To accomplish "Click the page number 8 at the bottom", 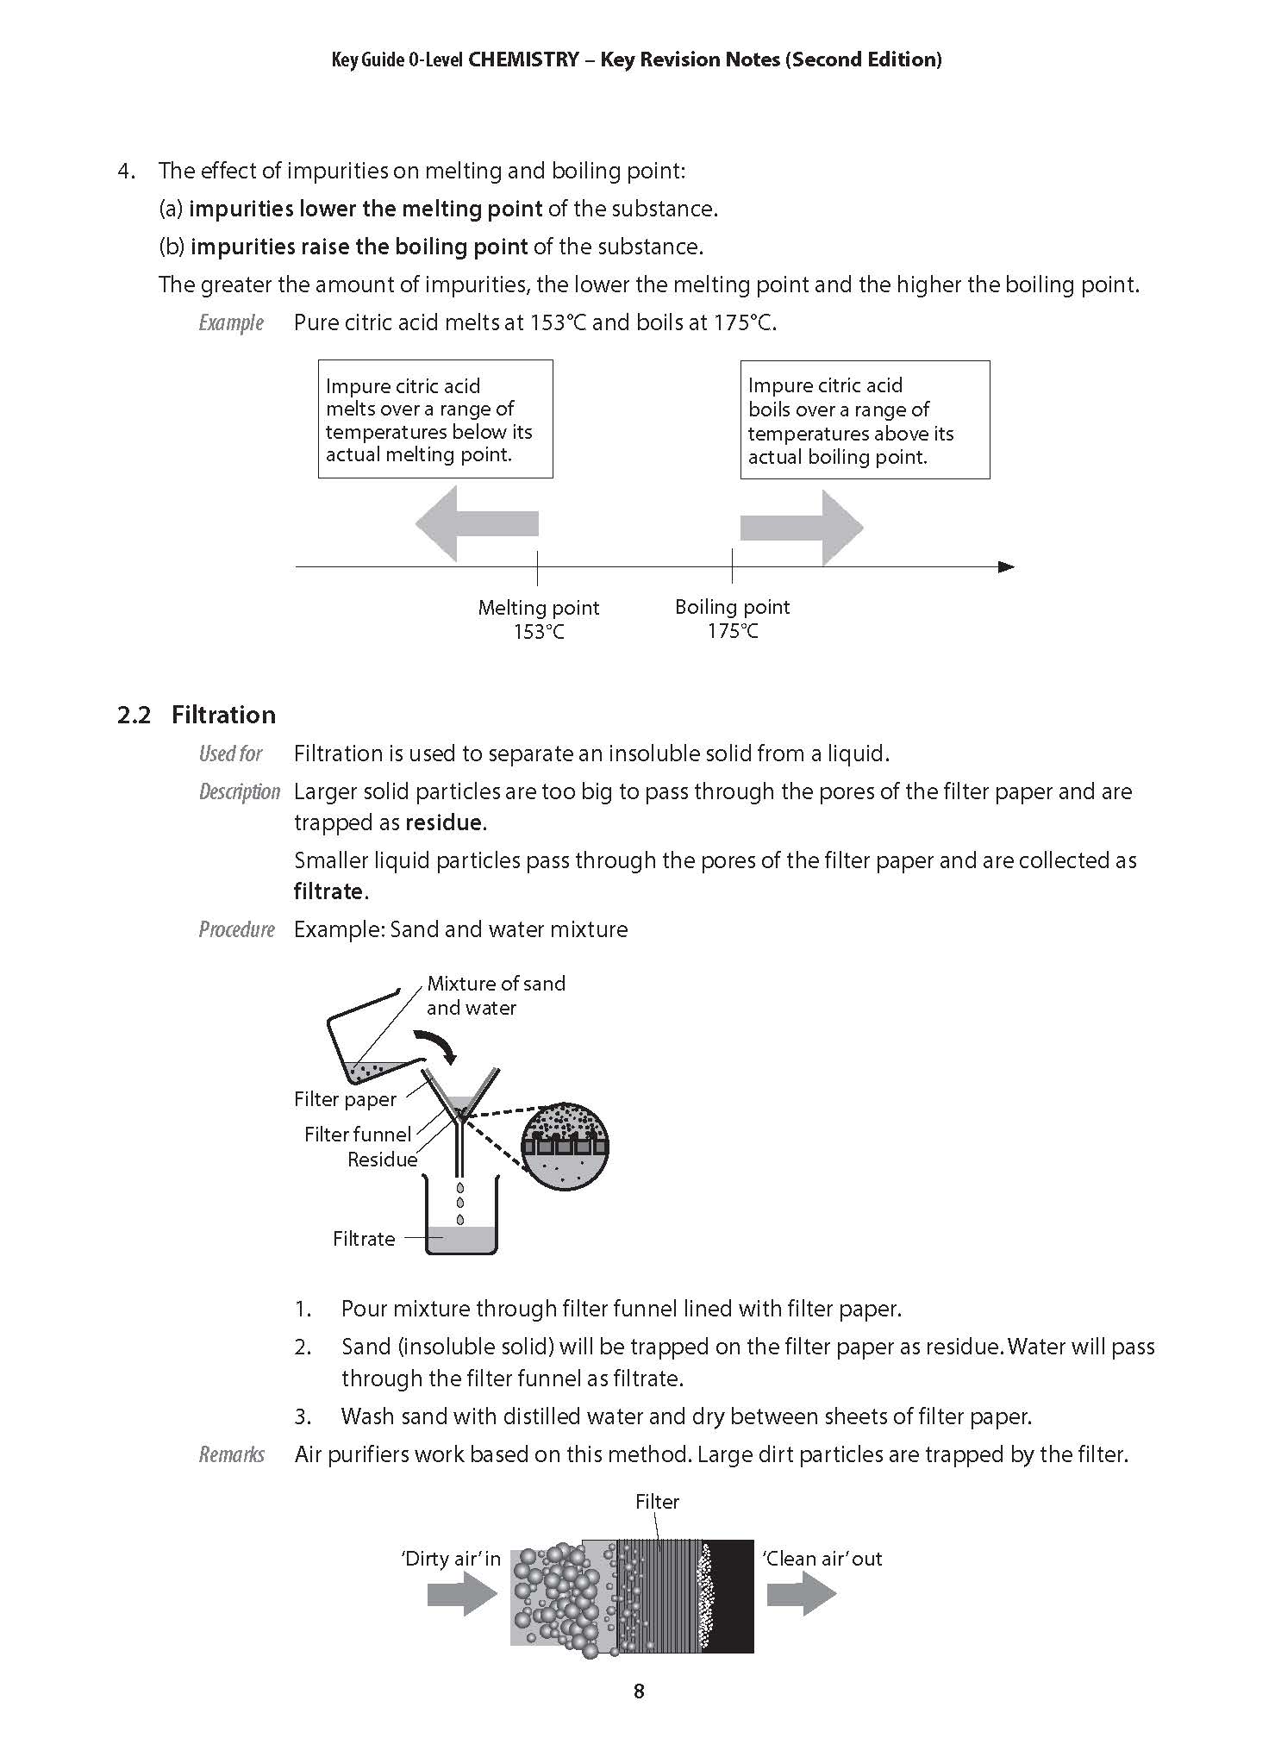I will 639,1691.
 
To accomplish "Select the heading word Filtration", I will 223,715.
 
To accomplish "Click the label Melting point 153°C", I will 538,619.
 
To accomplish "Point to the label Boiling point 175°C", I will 732,618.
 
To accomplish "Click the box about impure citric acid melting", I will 434,420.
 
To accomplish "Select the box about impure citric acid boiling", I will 864,421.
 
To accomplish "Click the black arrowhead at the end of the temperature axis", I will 1005,566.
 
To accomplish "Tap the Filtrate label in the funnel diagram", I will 364,1238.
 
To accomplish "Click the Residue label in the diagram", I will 382,1160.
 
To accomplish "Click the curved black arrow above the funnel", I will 438,1044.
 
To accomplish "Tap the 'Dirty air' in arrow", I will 462,1593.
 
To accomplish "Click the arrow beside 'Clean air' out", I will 801,1593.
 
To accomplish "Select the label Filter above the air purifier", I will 657,1502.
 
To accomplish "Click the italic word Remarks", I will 231,1454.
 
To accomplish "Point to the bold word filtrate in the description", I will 328,891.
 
